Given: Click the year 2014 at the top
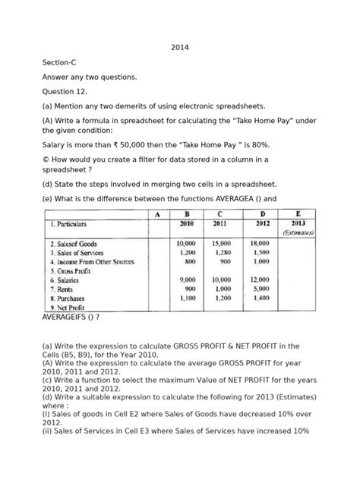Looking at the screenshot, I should pyautogui.click(x=179, y=48).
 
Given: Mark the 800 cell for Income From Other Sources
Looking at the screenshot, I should pyautogui.click(x=188, y=261).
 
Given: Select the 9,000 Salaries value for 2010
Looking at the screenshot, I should pyautogui.click(x=186, y=279).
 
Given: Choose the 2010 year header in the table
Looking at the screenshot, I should pyautogui.click(x=186, y=224).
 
